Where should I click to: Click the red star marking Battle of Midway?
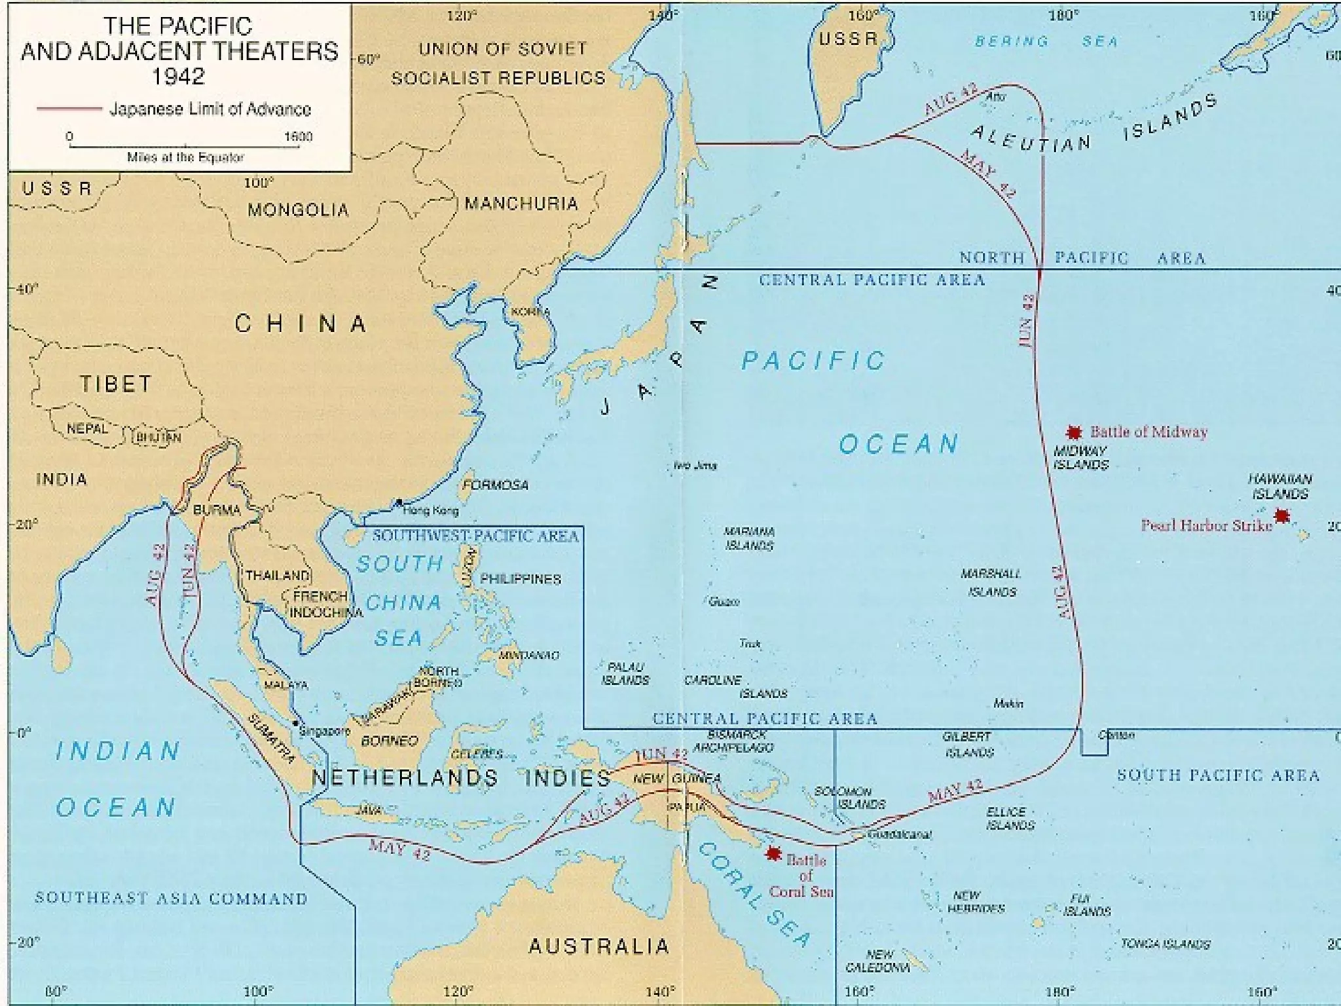click(x=1073, y=432)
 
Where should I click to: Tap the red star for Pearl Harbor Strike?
click(x=1281, y=516)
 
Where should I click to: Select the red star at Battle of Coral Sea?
click(x=774, y=853)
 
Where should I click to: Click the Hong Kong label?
click(x=431, y=510)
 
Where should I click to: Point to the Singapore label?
click(x=325, y=732)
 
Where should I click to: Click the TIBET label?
click(x=116, y=384)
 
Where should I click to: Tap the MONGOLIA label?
click(x=298, y=210)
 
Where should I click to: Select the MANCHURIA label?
click(x=521, y=204)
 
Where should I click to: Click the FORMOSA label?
click(x=496, y=485)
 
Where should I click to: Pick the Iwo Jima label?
click(x=695, y=466)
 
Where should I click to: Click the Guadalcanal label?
click(x=899, y=834)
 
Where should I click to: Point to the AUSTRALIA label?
click(x=598, y=946)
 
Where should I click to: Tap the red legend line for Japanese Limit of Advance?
click(x=69, y=109)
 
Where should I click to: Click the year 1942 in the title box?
click(x=179, y=77)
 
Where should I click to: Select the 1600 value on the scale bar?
click(x=298, y=136)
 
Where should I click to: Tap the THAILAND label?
click(x=278, y=576)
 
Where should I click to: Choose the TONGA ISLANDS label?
click(x=1166, y=944)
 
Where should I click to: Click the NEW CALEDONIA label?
click(x=878, y=961)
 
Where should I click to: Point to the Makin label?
click(x=1008, y=703)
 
